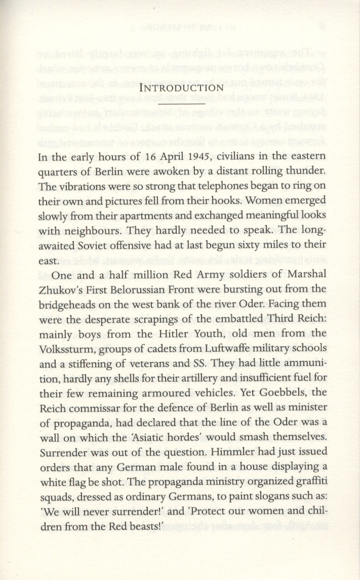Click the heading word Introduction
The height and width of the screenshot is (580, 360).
[181, 88]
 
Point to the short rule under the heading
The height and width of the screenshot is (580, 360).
[181, 103]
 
